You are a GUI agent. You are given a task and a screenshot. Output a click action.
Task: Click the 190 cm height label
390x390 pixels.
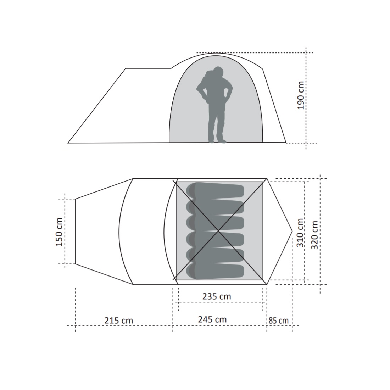(x=301, y=95)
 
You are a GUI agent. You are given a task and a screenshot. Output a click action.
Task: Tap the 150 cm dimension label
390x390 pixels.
(x=59, y=232)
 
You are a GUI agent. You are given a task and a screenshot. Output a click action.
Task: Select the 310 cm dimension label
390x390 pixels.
(x=300, y=233)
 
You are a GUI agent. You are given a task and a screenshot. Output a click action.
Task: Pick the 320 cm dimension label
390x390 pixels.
(x=314, y=235)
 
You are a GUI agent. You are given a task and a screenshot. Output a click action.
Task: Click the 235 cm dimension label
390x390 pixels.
(x=217, y=296)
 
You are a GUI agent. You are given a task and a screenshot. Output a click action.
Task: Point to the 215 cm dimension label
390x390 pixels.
(x=119, y=321)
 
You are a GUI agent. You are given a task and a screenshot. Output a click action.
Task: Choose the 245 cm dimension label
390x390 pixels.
(x=212, y=319)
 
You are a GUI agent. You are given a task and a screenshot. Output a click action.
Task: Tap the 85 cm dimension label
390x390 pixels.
(x=278, y=321)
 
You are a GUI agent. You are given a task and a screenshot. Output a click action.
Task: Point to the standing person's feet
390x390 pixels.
(x=217, y=141)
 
